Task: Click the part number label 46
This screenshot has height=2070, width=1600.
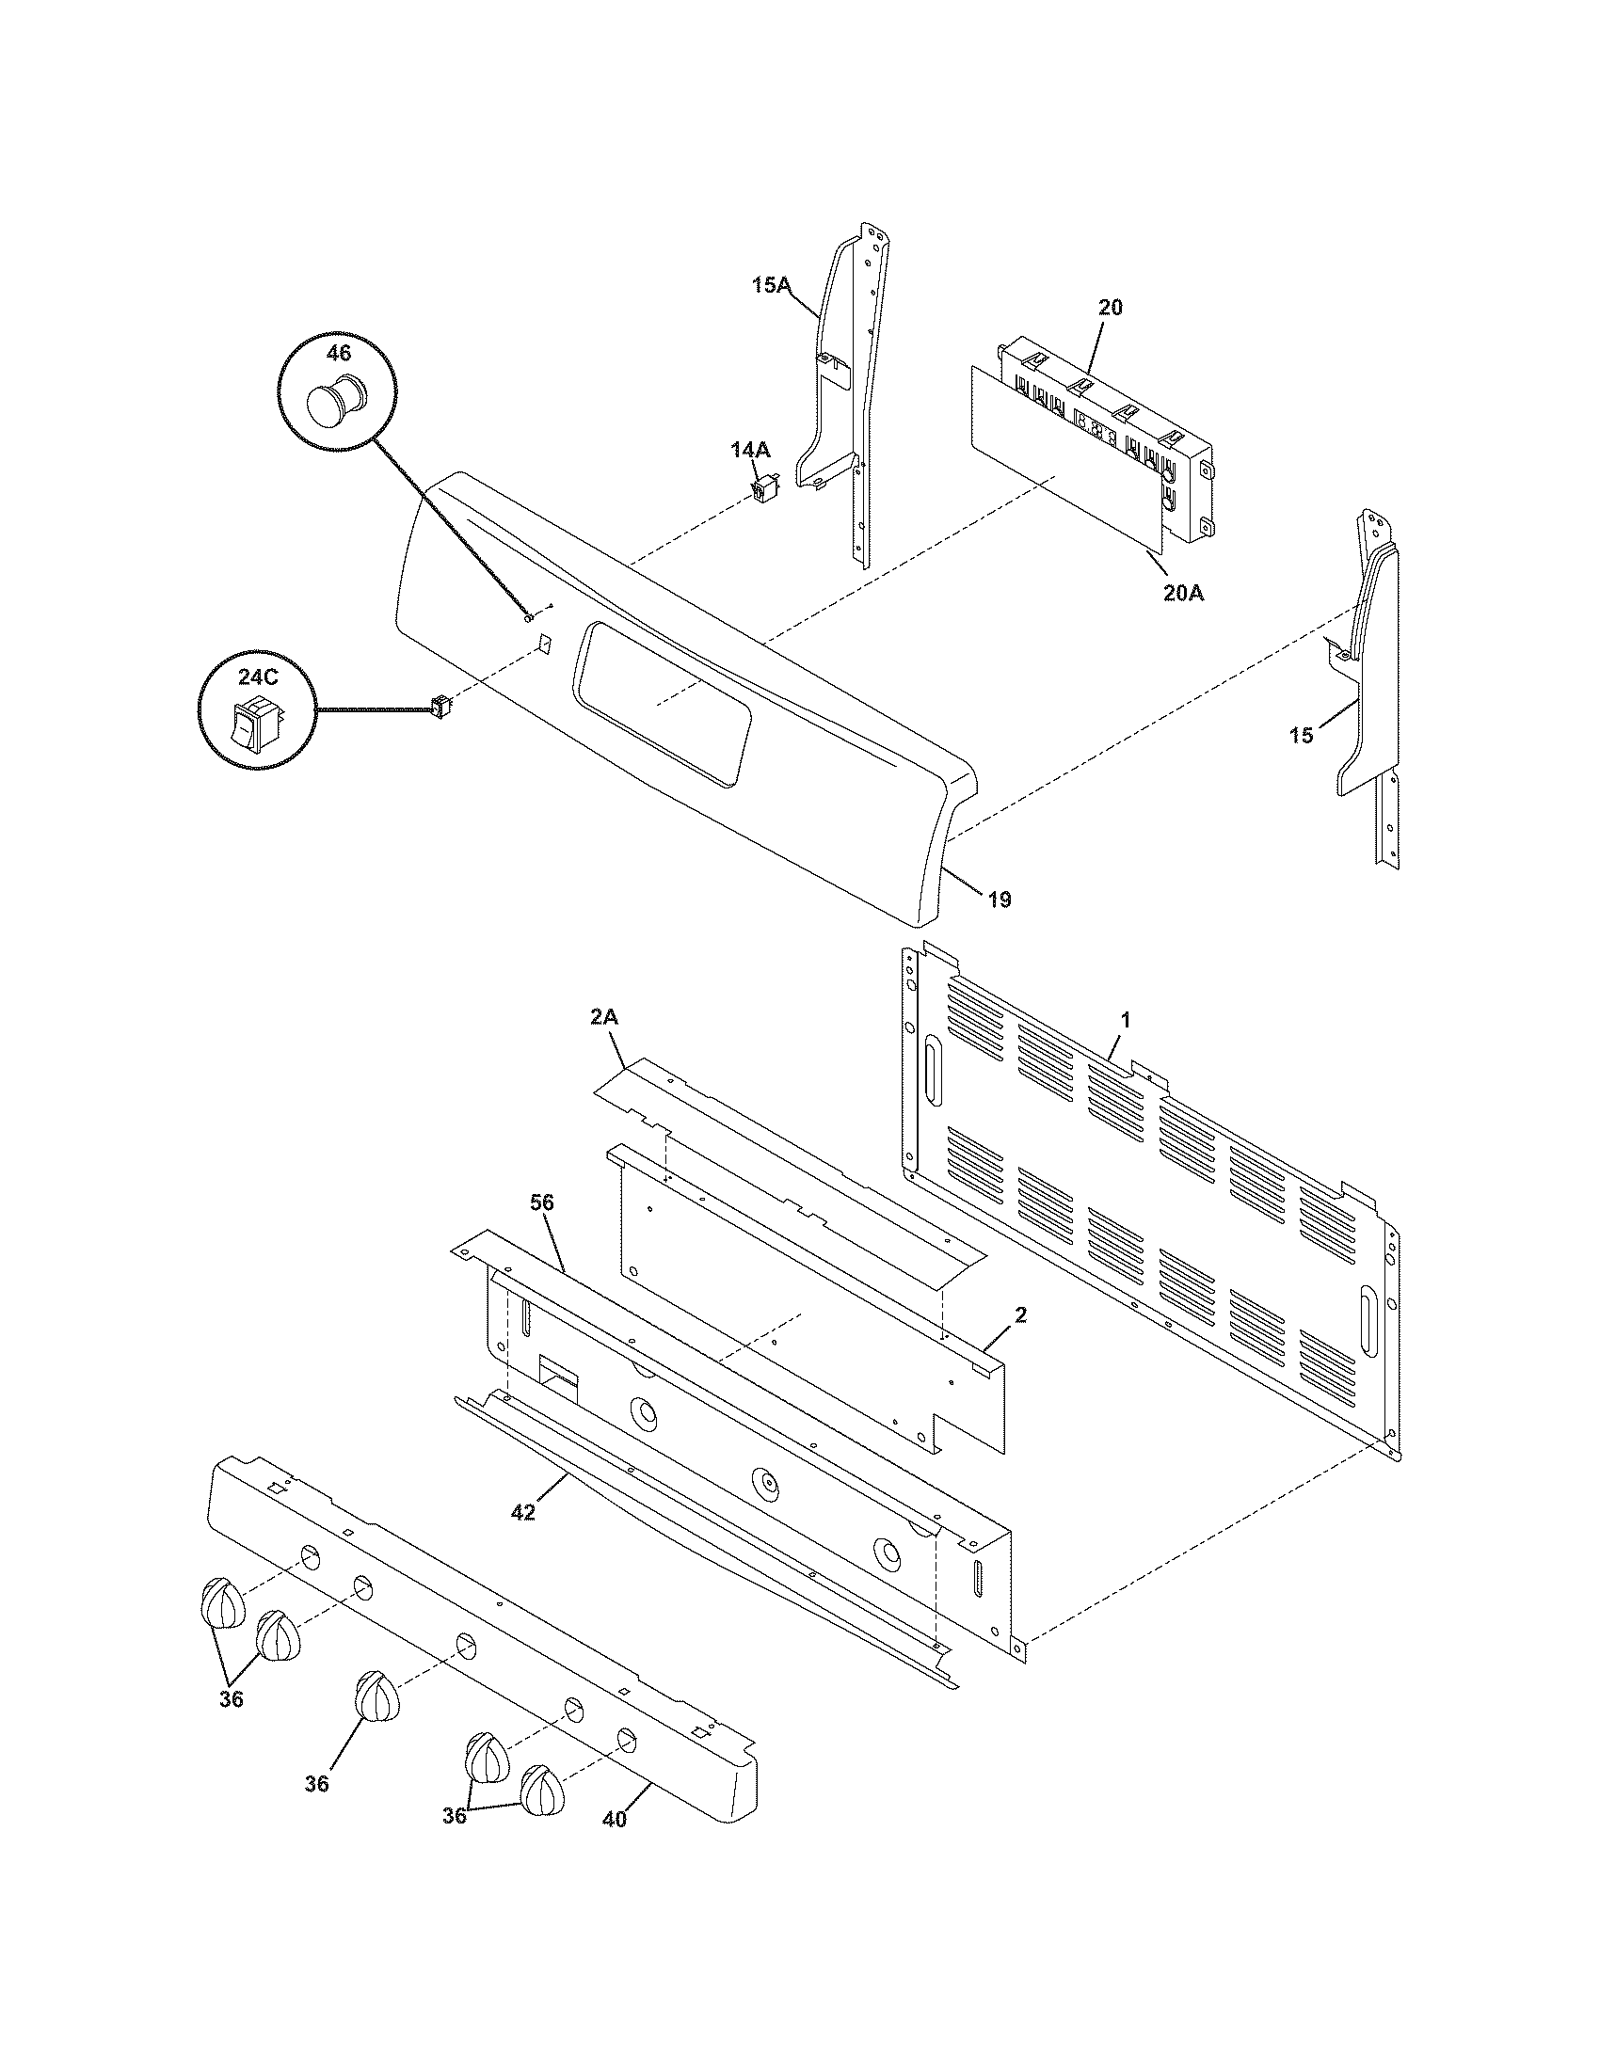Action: click(x=338, y=353)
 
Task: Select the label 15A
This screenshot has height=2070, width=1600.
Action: click(x=771, y=284)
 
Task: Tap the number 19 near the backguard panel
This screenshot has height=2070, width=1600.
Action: click(x=999, y=899)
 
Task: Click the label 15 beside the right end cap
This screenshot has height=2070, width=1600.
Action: click(x=1302, y=735)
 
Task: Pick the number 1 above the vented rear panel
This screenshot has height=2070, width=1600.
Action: click(x=1125, y=1020)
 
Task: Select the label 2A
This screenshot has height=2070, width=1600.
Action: click(x=604, y=1017)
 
